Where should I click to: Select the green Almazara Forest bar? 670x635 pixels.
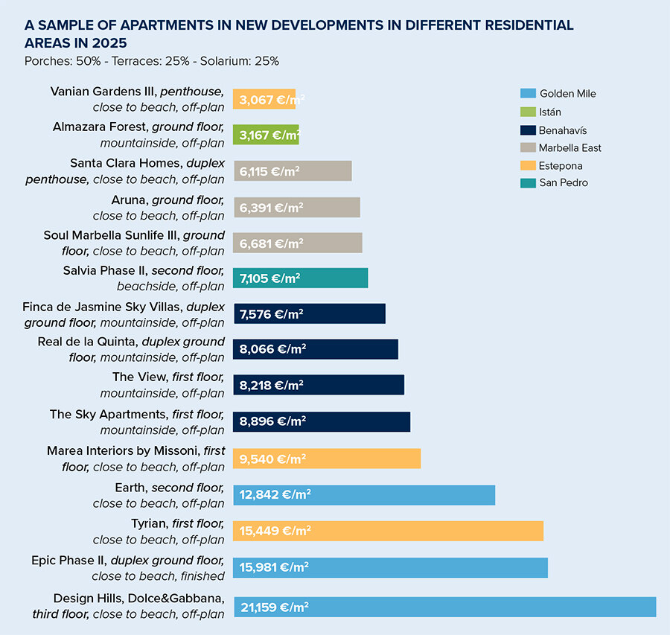pos(266,135)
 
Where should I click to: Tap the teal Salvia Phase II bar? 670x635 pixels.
pos(300,278)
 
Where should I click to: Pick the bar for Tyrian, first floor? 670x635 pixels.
pos(388,531)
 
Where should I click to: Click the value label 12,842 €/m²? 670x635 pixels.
pos(275,495)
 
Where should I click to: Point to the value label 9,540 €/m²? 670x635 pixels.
pos(272,459)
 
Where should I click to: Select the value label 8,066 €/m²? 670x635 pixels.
pos(272,349)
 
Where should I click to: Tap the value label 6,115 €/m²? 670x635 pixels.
pos(269,170)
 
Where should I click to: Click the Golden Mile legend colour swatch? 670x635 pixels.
pos(527,94)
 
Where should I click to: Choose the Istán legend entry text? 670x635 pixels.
pos(550,112)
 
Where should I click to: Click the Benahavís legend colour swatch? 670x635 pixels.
pos(527,130)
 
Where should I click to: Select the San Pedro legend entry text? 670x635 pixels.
pos(564,182)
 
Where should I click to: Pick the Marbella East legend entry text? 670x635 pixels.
pos(570,147)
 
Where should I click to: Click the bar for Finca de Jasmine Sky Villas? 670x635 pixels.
pos(309,313)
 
